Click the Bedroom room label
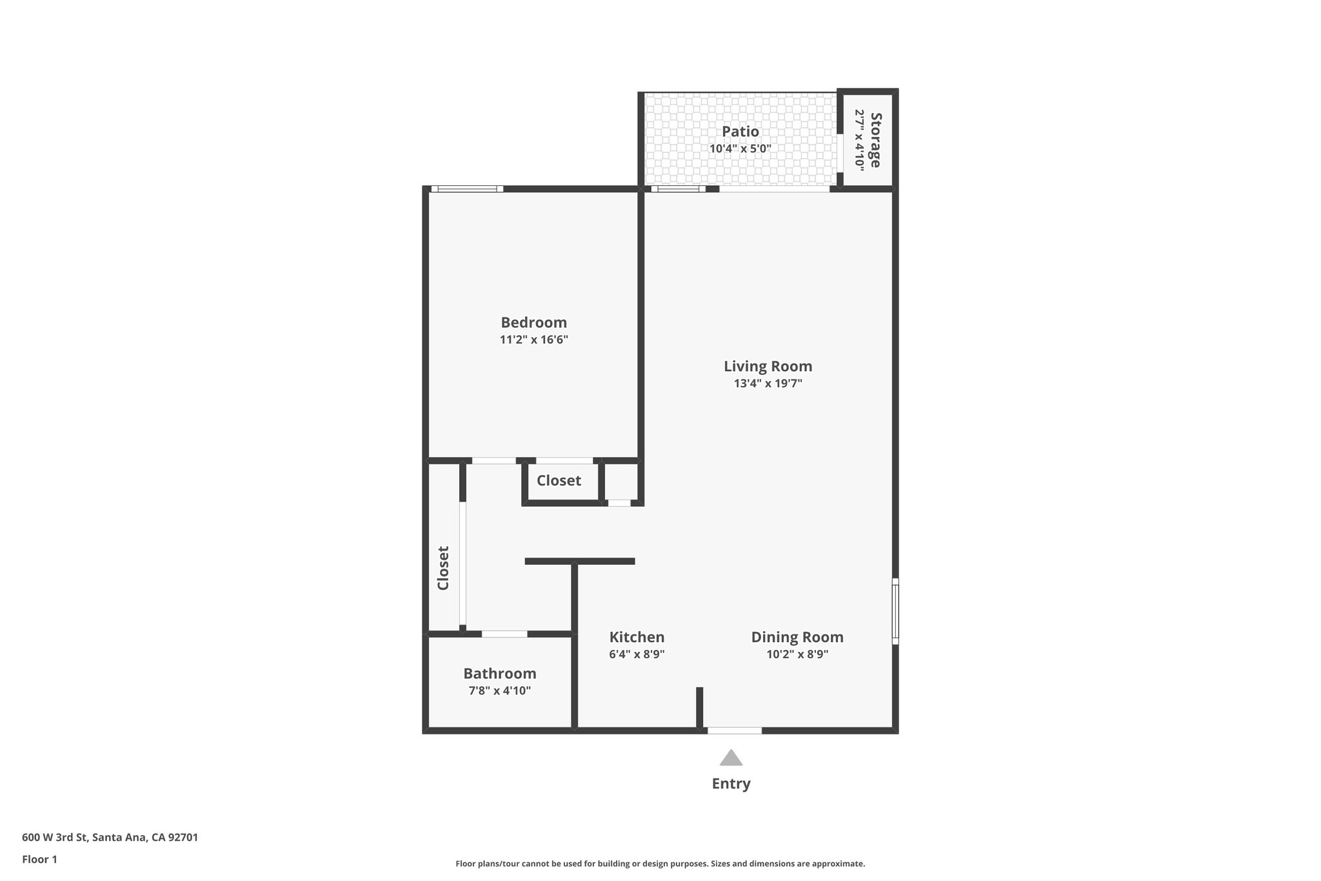click(533, 322)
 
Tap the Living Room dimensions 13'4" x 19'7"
click(768, 383)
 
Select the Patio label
click(740, 132)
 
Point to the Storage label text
click(875, 139)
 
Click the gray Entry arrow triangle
click(731, 758)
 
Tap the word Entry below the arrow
click(731, 784)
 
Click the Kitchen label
click(637, 637)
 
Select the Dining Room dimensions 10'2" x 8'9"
click(797, 654)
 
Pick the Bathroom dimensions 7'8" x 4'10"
click(499, 691)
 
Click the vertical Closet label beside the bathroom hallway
click(443, 568)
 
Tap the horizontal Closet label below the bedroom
click(559, 481)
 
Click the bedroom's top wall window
click(467, 189)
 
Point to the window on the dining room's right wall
click(895, 611)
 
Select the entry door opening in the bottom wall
click(735, 731)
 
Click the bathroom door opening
click(504, 634)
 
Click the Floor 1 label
click(39, 859)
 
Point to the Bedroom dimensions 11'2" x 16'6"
click(533, 339)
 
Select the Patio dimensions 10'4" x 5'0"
click(740, 148)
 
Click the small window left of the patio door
click(678, 189)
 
